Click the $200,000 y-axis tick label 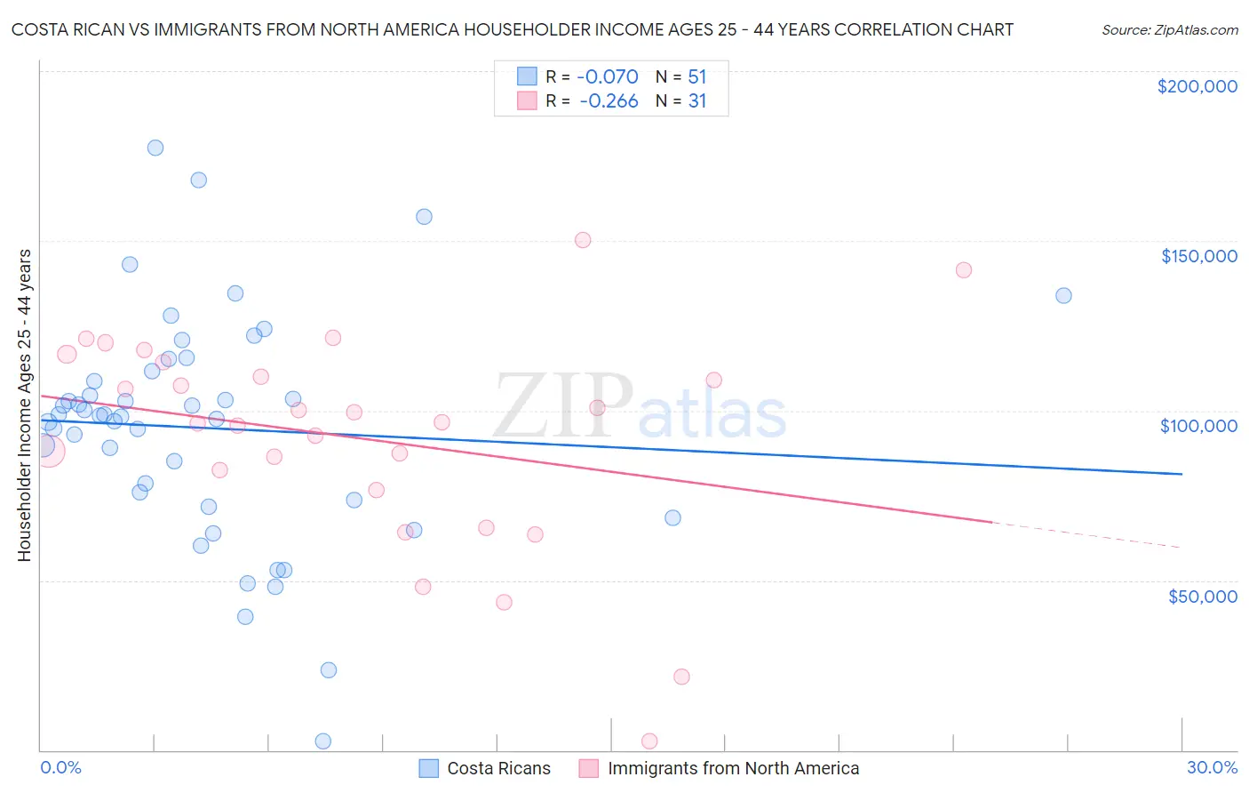point(1197,86)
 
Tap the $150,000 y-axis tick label point(1198,256)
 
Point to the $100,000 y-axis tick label point(1198,426)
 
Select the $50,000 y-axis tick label point(1202,596)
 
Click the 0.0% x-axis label point(60,767)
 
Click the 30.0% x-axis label point(1212,767)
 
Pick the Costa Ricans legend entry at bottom point(485,768)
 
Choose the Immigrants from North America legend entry point(719,768)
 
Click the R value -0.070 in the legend point(609,76)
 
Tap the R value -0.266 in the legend point(609,101)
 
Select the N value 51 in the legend point(696,76)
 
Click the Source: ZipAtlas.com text point(1169,30)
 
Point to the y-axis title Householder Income point(25,405)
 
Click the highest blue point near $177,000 point(155,148)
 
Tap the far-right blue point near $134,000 point(1063,295)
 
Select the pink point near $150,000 point(583,240)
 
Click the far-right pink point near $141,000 point(964,270)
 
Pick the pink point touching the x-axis point(649,741)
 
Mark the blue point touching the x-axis point(323,741)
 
